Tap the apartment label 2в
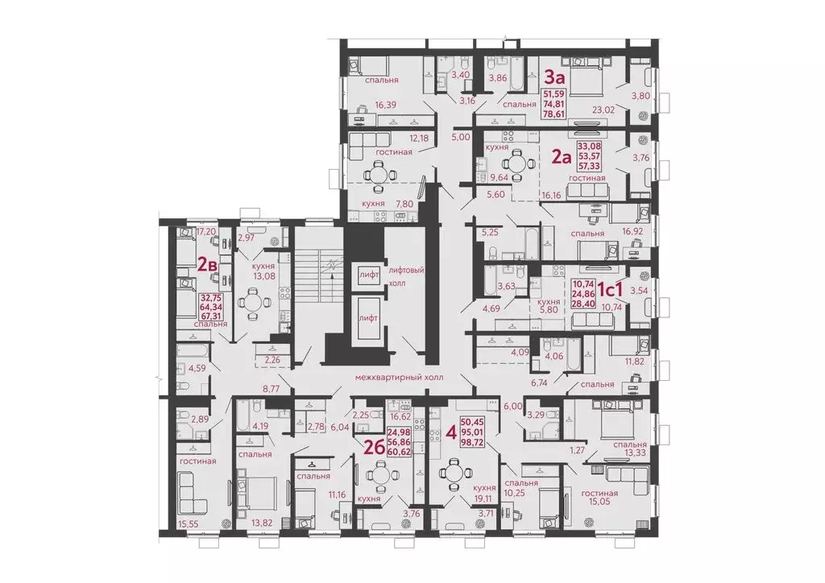click(208, 263)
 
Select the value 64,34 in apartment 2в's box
click(212, 307)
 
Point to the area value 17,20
click(207, 230)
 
